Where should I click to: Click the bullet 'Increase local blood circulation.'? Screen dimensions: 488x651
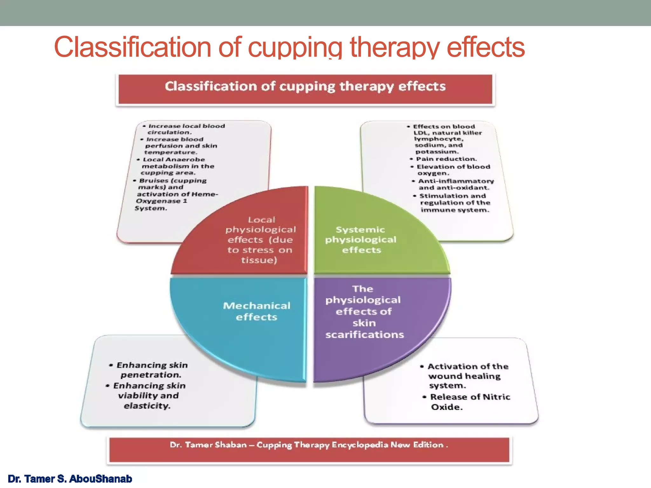184,129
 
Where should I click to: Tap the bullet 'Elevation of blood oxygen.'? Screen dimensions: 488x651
451,170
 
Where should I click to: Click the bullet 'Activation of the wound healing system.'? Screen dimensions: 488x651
466,376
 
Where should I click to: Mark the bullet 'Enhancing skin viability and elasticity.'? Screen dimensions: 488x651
148,396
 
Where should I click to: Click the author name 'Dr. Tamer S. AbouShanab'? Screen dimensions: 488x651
70,479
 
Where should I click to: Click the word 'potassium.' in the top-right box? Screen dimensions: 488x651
437,152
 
